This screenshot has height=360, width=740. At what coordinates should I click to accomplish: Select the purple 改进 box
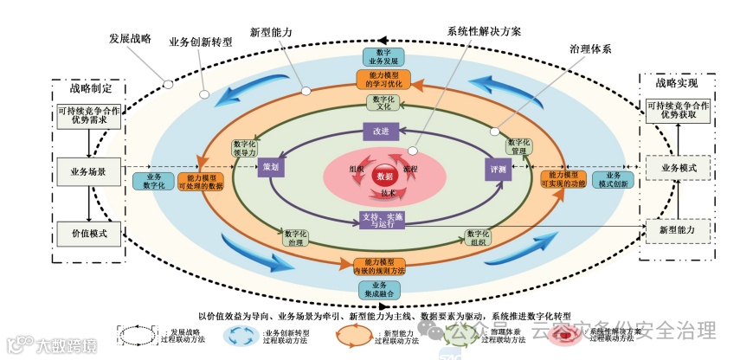(381, 130)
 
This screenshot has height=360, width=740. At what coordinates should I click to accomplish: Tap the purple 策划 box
(271, 167)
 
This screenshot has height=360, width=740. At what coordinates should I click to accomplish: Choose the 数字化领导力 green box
(246, 148)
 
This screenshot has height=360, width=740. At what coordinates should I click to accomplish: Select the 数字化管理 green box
(518, 147)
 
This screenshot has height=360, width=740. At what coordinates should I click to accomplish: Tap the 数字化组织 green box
(477, 237)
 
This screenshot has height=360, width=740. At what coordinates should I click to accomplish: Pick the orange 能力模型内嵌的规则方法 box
(380, 266)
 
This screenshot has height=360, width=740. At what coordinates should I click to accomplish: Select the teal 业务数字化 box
(150, 181)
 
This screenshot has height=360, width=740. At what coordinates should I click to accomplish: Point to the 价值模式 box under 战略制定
(89, 233)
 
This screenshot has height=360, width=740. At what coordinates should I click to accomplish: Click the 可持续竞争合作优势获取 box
(678, 110)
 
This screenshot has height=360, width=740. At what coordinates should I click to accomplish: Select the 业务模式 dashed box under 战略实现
(678, 166)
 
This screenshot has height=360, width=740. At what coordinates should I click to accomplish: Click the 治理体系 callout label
(591, 48)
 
